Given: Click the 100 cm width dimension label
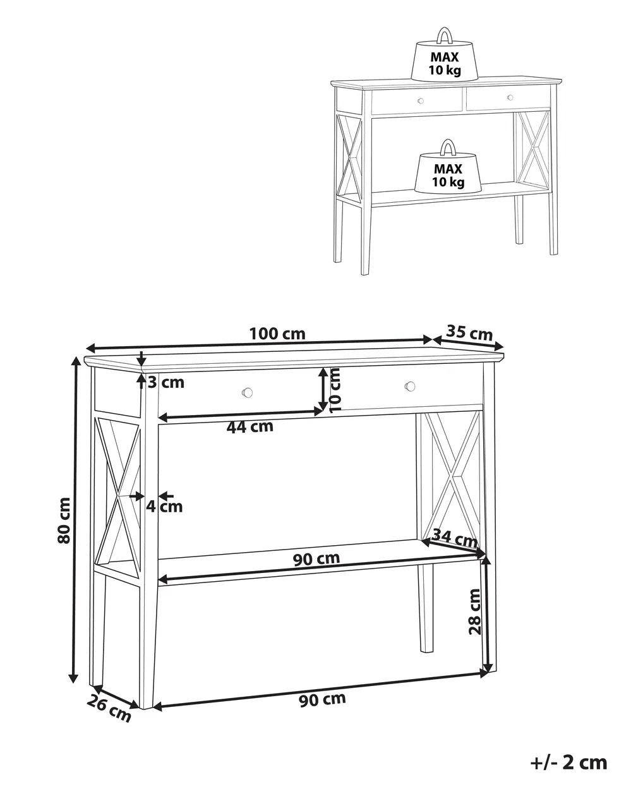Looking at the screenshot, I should tap(277, 334).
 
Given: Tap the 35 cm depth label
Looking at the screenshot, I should tap(469, 332).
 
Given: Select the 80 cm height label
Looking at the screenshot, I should tap(64, 520).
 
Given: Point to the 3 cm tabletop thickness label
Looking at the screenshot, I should tap(166, 382).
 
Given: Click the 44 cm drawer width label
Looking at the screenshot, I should tap(249, 426).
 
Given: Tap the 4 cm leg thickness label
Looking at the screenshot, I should tap(164, 506).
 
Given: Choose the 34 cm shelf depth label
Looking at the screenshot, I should tap(457, 539).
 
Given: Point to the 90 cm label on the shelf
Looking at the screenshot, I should tap(316, 558).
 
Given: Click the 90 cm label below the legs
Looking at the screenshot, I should tap(323, 699).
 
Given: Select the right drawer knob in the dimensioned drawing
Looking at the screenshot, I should tap(411, 385).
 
